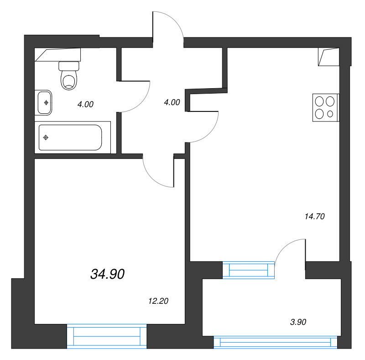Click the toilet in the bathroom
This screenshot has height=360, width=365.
tap(69, 76)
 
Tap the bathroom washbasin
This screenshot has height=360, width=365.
tap(44, 103)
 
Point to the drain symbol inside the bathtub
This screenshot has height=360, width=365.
tap(46, 138)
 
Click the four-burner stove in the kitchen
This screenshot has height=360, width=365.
tap(326, 107)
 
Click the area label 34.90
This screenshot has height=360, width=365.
tap(108, 274)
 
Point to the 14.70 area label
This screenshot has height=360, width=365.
tap(314, 217)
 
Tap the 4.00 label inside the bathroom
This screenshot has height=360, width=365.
tap(85, 104)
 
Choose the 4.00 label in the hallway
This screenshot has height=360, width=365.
tap(172, 103)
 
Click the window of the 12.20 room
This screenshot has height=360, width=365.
tap(107, 337)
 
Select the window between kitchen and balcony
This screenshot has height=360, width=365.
tap(249, 270)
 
